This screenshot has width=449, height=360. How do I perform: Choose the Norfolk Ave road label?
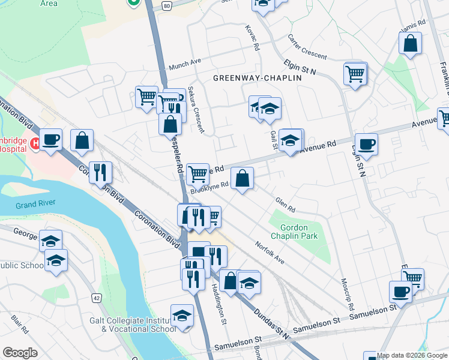[269, 253]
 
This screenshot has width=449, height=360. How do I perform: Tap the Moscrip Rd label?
[346, 294]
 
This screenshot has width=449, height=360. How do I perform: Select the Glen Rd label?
[285, 205]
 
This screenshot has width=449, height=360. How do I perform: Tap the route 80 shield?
[167, 5]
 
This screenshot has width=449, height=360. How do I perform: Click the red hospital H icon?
[35, 143]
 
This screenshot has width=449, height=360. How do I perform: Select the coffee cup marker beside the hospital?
[51, 140]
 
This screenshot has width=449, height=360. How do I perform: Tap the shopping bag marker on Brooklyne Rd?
[242, 179]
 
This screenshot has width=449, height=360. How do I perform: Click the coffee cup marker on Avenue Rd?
[366, 145]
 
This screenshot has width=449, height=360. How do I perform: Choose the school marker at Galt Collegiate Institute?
[182, 316]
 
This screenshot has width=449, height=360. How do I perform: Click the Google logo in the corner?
[20, 353]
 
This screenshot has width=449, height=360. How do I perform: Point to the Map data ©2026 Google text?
[412, 355]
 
